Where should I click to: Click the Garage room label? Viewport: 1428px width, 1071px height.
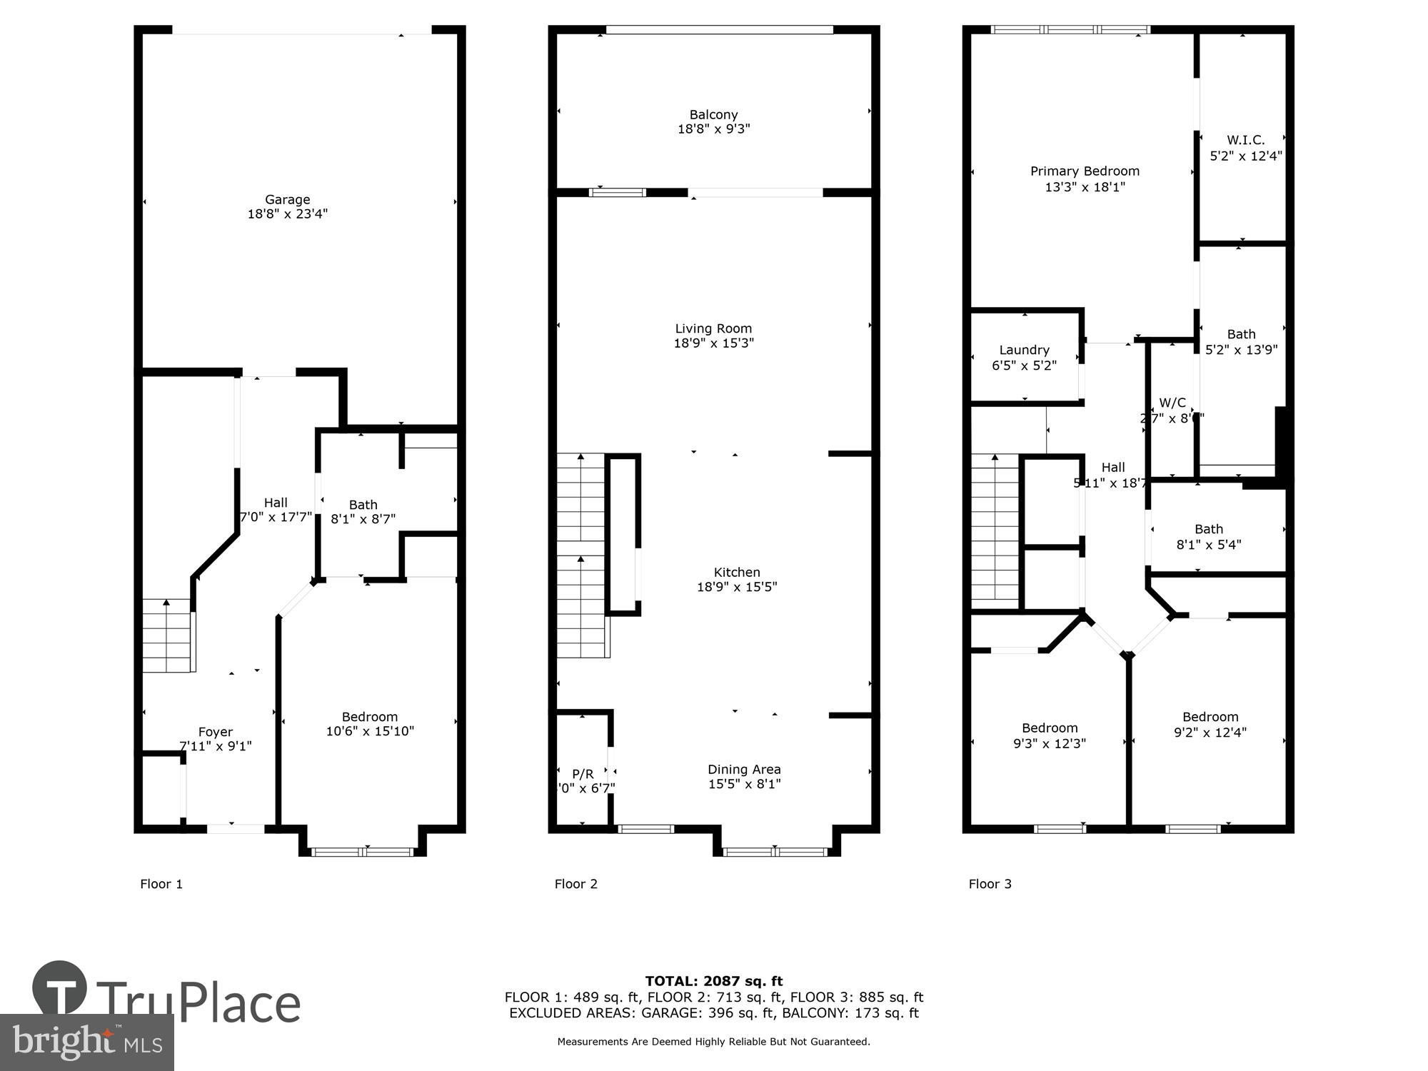tap(287, 200)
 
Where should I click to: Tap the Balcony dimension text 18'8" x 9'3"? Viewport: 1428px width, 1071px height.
tap(713, 129)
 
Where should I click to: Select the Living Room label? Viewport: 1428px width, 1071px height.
tap(713, 328)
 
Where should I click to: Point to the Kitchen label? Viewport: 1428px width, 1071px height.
tap(737, 572)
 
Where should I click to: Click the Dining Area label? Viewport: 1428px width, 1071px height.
tap(744, 769)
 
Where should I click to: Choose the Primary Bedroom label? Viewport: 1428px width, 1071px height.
tap(1085, 171)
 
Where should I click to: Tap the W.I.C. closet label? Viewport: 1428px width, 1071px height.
tap(1245, 140)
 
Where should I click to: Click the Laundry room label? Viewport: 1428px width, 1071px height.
tap(1024, 350)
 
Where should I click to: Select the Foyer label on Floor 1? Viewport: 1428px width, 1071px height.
tap(216, 732)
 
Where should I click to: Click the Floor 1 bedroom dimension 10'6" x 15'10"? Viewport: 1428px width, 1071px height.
tap(370, 731)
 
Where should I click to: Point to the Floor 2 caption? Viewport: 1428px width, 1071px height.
tap(575, 884)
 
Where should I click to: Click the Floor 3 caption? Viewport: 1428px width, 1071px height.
tap(990, 884)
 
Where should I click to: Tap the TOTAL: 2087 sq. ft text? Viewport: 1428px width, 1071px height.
tap(713, 981)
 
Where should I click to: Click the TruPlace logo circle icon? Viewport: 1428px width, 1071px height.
tap(60, 989)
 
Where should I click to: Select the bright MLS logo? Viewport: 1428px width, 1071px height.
tap(86, 1042)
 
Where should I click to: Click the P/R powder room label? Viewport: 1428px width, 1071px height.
tap(583, 774)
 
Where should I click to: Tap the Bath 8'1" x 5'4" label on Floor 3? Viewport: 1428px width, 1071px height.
tap(1209, 529)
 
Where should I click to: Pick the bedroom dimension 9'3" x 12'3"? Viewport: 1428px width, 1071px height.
tap(1049, 743)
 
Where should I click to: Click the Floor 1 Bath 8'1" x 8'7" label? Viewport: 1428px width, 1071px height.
tap(363, 505)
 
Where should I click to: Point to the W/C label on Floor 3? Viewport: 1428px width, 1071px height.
tap(1172, 403)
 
